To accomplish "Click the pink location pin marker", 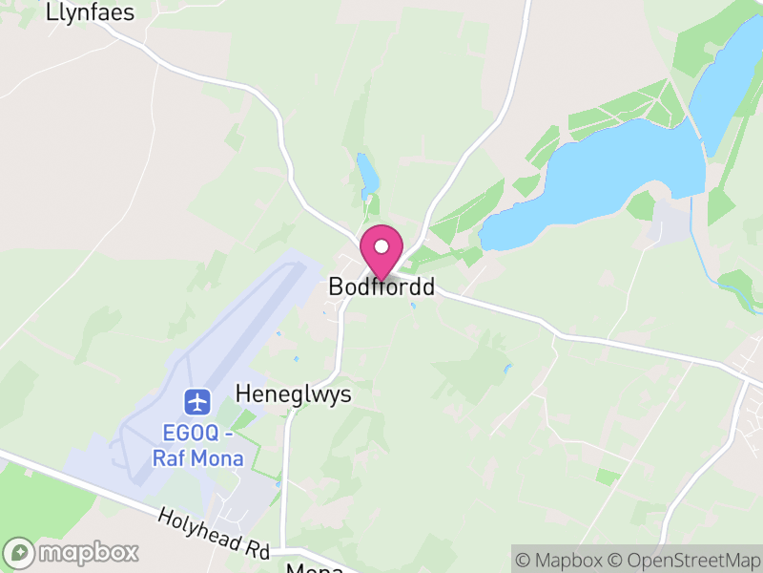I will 381,253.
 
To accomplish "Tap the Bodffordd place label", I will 381,286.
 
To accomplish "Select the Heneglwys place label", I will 294,394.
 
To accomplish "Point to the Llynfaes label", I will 90,13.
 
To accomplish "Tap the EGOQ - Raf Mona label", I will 198,445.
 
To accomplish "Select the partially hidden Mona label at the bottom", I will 315,567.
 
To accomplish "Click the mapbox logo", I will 72,552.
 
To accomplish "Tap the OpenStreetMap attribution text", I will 684,560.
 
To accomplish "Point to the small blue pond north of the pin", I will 366,172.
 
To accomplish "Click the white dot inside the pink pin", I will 381,246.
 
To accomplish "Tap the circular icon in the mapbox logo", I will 20,552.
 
